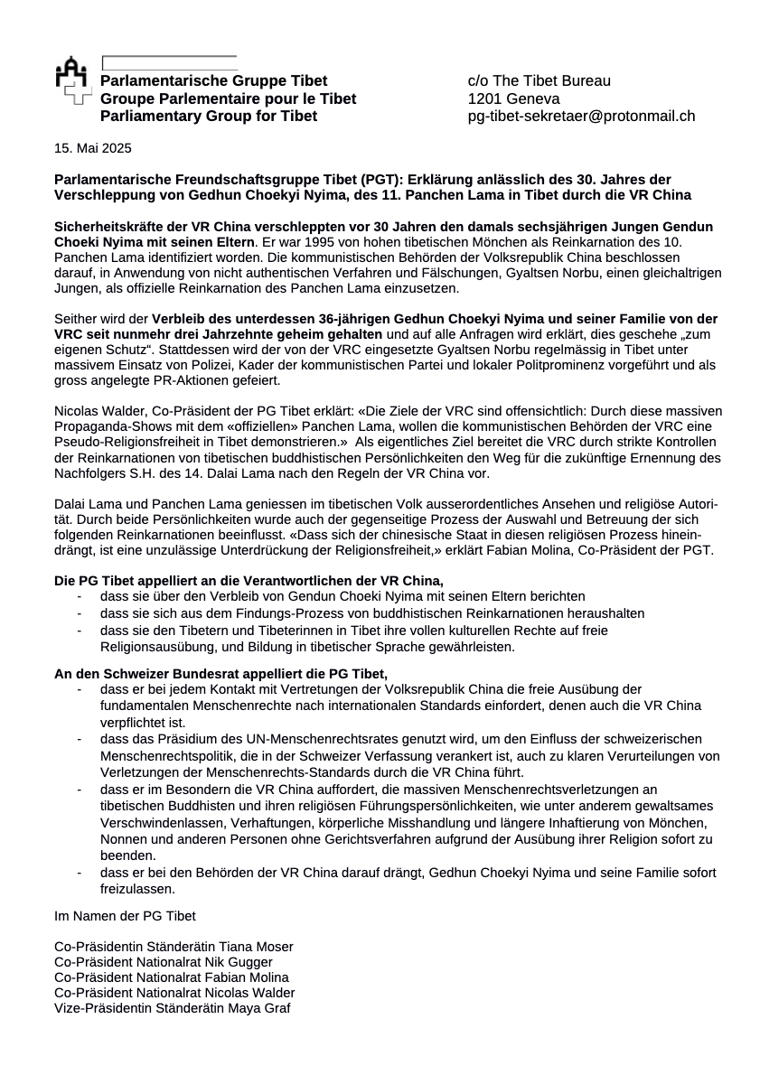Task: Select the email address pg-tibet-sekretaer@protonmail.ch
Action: point(581,117)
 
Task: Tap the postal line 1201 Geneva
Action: point(513,98)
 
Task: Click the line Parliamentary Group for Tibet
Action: point(209,117)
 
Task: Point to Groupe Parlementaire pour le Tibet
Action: point(228,98)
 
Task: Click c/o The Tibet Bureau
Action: point(539,81)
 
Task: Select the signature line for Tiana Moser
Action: point(174,947)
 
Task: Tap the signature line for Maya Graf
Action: point(172,1008)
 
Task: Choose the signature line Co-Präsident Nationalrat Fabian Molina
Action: point(172,977)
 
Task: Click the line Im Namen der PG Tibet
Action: point(125,916)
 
